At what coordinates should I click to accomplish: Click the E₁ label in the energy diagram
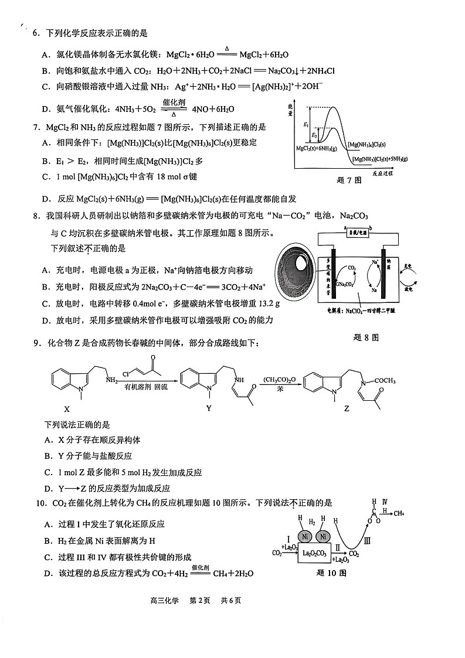pyautogui.click(x=306, y=124)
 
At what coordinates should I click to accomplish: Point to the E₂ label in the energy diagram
pyautogui.click(x=314, y=135)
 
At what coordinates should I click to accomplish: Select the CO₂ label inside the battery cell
pyautogui.click(x=352, y=268)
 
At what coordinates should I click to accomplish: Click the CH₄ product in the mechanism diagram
pyautogui.click(x=399, y=514)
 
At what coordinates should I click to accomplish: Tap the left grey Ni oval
pyautogui.click(x=304, y=537)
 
